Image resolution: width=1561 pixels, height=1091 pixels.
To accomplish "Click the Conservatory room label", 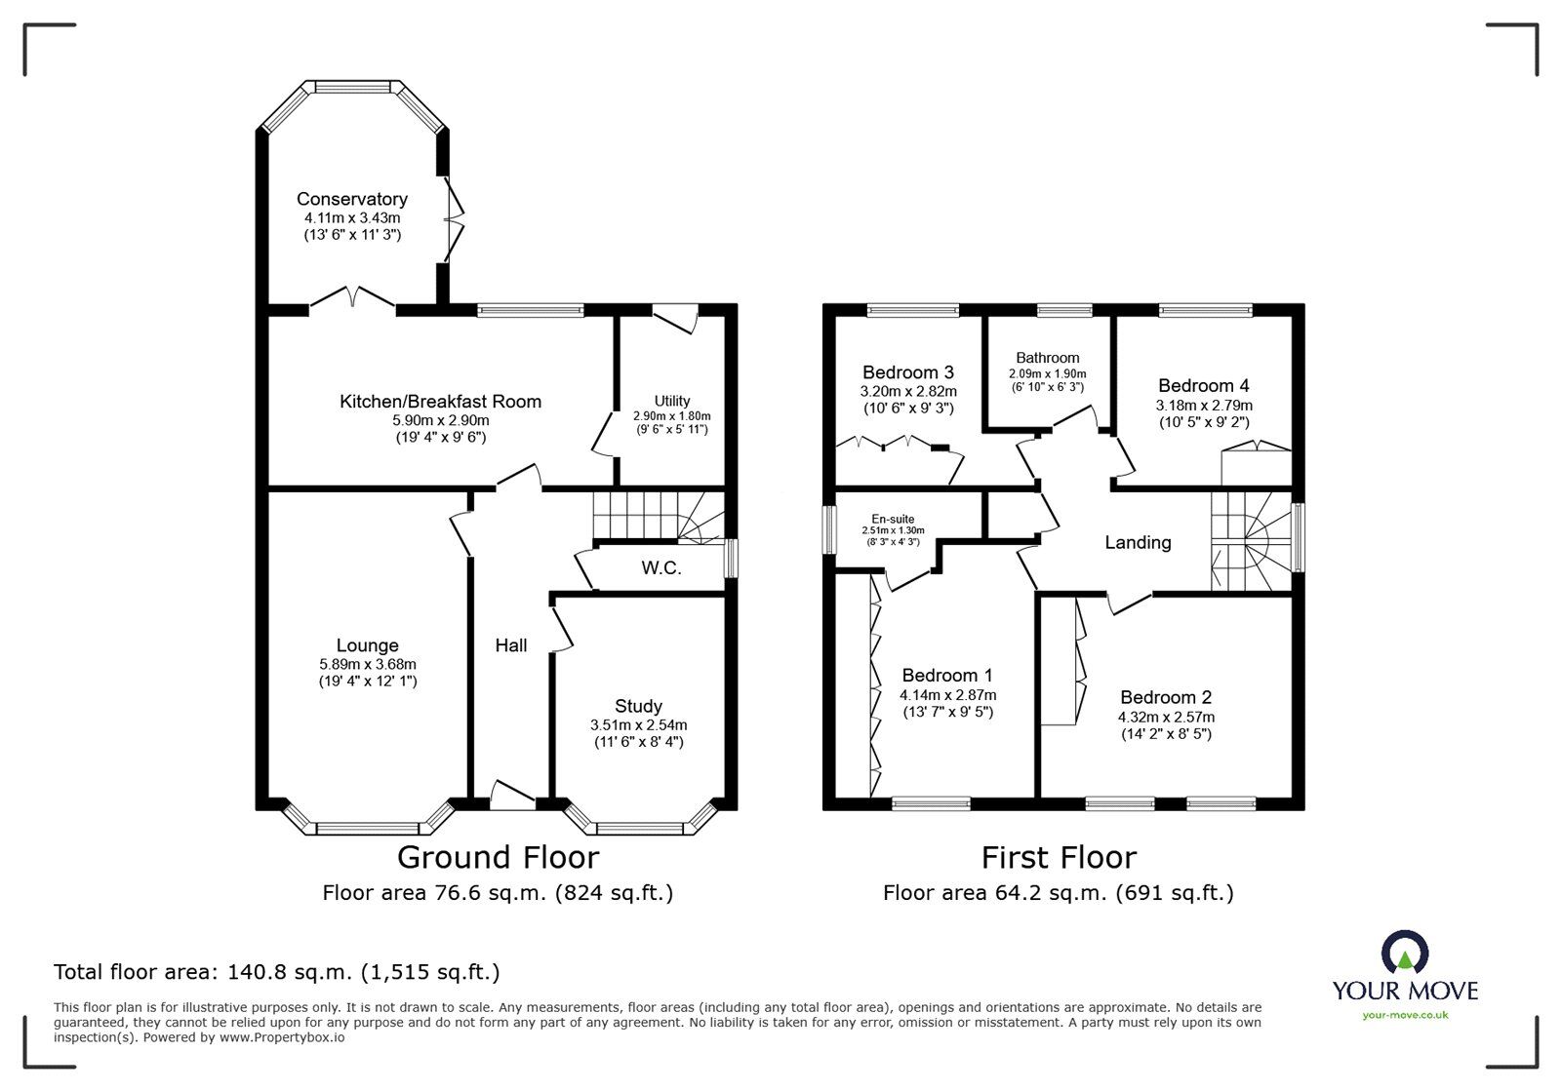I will pyautogui.click(x=352, y=199).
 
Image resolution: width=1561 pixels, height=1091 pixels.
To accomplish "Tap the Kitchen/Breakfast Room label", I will pyautogui.click(x=440, y=401).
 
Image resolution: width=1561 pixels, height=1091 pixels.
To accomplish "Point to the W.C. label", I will pyautogui.click(x=660, y=567).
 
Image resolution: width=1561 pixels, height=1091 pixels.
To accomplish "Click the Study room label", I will pyautogui.click(x=638, y=706).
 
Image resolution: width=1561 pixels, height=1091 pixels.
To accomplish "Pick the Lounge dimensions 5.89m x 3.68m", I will pyautogui.click(x=367, y=664).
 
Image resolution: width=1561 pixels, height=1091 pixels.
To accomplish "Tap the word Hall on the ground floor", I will pyautogui.click(x=511, y=644).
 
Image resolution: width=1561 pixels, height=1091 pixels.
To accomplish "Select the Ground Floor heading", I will pyautogui.click(x=498, y=857).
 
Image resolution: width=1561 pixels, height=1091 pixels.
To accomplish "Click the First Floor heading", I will pyautogui.click(x=1059, y=857).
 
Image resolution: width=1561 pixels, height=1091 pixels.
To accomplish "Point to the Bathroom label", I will pyautogui.click(x=1047, y=358).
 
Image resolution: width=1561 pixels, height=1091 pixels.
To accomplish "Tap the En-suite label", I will pyautogui.click(x=893, y=519).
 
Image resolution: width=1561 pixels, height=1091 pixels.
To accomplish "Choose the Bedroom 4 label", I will pyautogui.click(x=1203, y=385).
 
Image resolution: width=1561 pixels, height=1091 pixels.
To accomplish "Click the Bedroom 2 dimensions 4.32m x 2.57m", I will pyautogui.click(x=1166, y=717).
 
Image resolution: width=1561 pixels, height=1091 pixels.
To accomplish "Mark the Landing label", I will pyautogui.click(x=1138, y=542).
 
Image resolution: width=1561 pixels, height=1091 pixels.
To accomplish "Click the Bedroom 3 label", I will pyautogui.click(x=907, y=372).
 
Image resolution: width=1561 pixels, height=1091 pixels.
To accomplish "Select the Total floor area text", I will pyautogui.click(x=276, y=971).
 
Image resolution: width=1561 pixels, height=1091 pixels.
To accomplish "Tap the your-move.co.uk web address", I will pyautogui.click(x=1405, y=1015).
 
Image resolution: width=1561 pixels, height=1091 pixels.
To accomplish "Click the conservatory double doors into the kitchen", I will pyautogui.click(x=352, y=297).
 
